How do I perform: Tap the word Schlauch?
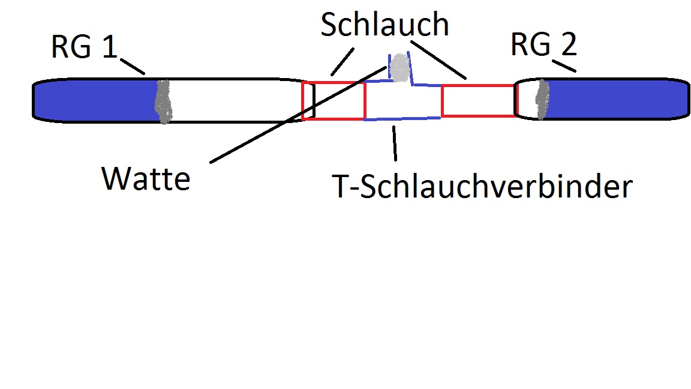tap(384, 25)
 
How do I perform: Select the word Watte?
tap(146, 178)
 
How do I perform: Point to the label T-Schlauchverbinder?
tap(483, 187)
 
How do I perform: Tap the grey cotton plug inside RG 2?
tap(542, 98)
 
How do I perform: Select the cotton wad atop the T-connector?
tap(400, 68)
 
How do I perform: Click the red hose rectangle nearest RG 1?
tap(334, 101)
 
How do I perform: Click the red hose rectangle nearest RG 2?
tap(478, 100)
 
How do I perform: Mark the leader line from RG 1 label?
tap(133, 65)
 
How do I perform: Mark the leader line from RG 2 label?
tap(565, 65)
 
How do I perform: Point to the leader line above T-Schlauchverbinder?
tap(394, 143)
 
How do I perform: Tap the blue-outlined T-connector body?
tap(402, 102)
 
